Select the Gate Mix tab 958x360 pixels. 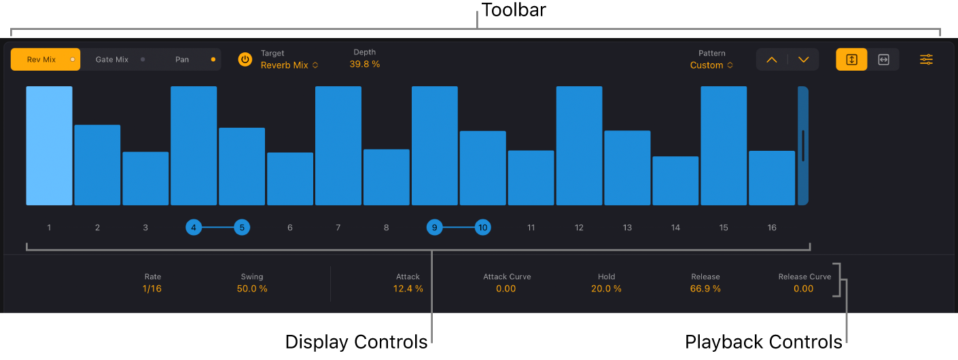[x=113, y=60]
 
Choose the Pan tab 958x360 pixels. [x=183, y=60]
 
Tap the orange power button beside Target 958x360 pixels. [x=245, y=60]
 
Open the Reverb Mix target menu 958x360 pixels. [x=289, y=65]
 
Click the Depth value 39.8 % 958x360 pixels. [x=365, y=65]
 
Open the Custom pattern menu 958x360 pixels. [x=711, y=65]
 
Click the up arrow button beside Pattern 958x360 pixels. [x=772, y=60]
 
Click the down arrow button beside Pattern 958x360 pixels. [x=804, y=60]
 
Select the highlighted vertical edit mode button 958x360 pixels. [x=851, y=60]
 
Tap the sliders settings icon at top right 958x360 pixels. [x=927, y=60]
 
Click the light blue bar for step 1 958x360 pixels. [x=49, y=145]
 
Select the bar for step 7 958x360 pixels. [x=338, y=145]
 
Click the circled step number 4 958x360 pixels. [x=194, y=228]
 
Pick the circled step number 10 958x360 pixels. [x=482, y=228]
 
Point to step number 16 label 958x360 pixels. [x=772, y=228]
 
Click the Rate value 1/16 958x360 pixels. [x=152, y=289]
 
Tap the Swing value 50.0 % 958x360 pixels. [x=252, y=289]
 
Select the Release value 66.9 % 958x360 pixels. [x=706, y=289]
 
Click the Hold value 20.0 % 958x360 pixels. [x=606, y=289]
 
